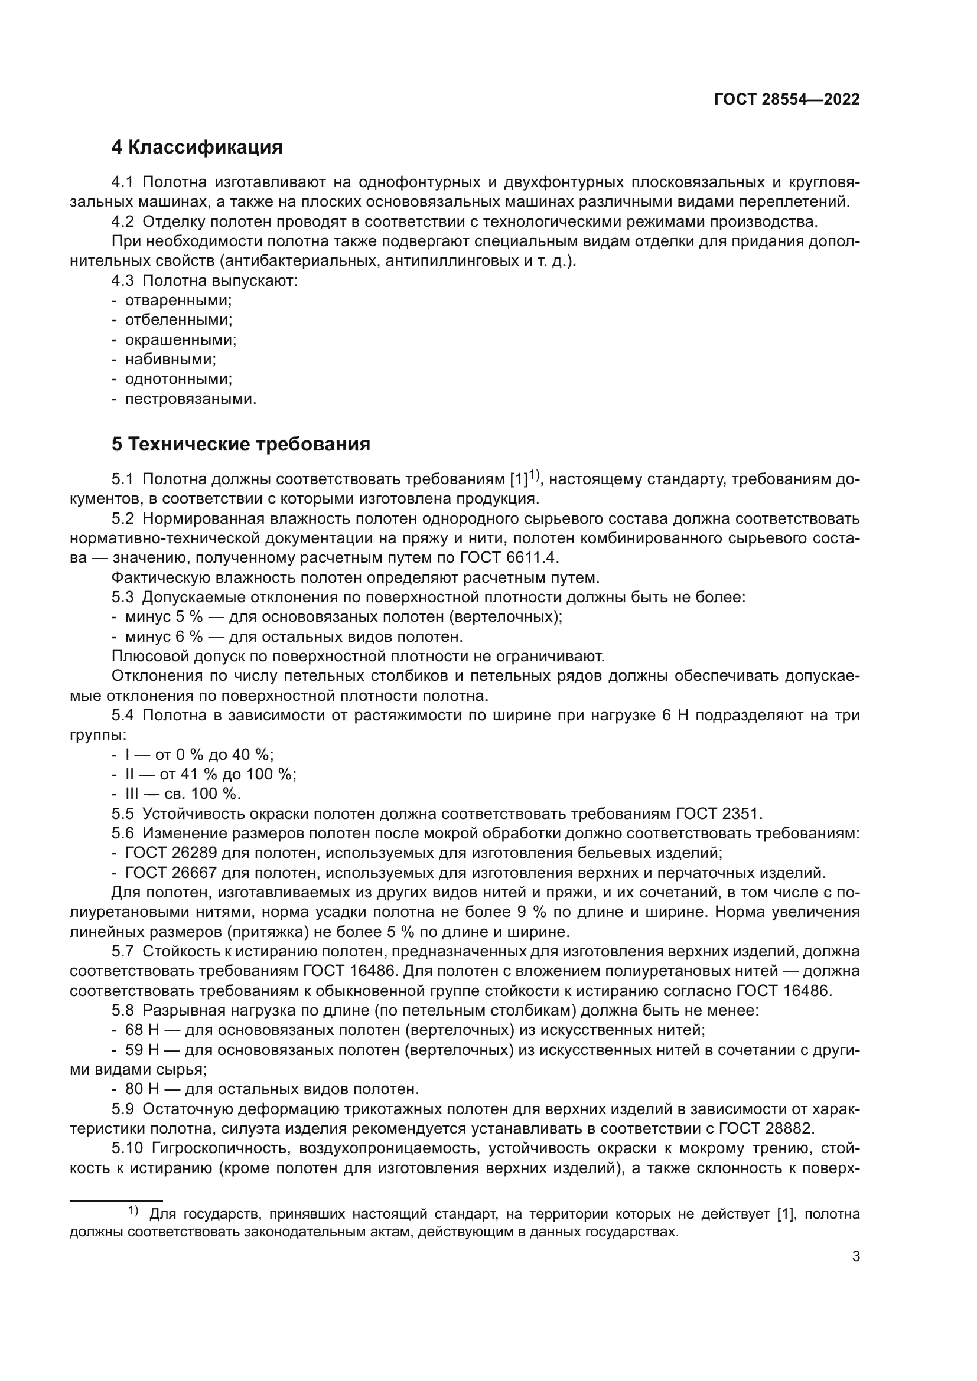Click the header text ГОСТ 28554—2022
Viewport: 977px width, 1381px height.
pyautogui.click(x=786, y=100)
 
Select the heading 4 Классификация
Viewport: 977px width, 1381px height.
pyautogui.click(x=197, y=148)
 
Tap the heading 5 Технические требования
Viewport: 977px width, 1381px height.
pyautogui.click(x=240, y=445)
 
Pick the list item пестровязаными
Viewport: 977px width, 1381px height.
pyautogui.click(x=190, y=399)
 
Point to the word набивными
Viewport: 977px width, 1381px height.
pyautogui.click(x=170, y=360)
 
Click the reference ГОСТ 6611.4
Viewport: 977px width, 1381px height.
pyautogui.click(x=512, y=557)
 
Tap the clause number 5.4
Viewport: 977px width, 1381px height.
pyautogui.click(x=123, y=716)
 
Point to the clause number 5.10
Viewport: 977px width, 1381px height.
pyautogui.click(x=127, y=1148)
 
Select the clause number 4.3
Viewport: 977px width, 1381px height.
pyautogui.click(x=123, y=281)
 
